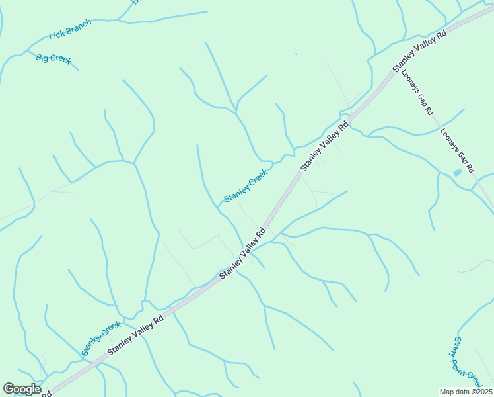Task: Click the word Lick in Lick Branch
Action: click(58, 34)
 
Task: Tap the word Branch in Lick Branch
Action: click(79, 26)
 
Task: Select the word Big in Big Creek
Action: click(42, 57)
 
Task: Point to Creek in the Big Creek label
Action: click(61, 60)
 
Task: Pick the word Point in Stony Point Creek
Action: click(466, 363)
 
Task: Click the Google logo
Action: click(22, 389)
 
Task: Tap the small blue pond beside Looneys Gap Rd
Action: click(457, 173)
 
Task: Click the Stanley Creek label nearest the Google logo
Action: click(101, 339)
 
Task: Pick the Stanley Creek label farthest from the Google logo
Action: click(245, 186)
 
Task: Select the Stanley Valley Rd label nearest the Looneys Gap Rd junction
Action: click(420, 50)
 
